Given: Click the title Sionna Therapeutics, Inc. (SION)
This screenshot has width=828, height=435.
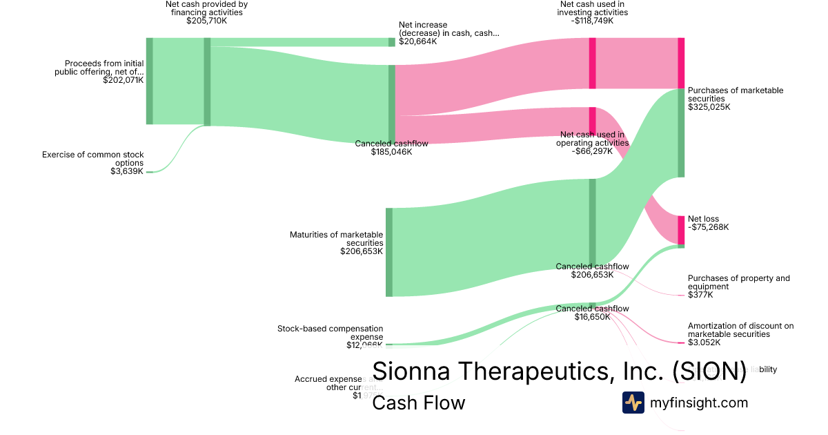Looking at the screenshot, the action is pos(559,371).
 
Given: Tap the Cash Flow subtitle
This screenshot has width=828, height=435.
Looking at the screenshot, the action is pos(418,403).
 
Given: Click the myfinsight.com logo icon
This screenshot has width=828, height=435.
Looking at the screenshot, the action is pos(633,403).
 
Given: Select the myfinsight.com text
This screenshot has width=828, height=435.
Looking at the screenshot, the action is pos(698,403).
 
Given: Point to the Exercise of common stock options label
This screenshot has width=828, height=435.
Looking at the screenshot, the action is pos(92,159).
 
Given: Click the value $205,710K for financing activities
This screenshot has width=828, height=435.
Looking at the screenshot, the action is pos(206,21).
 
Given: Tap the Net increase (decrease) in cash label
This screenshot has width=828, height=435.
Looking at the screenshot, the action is pos(448,29).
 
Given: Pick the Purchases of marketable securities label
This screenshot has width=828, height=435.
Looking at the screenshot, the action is pos(736,95).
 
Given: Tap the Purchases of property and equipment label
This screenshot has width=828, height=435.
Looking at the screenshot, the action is pos(739,282).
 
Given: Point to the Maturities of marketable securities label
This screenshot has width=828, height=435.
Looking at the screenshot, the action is pos(336,239).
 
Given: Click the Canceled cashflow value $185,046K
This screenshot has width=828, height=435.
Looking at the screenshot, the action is pos(391,152).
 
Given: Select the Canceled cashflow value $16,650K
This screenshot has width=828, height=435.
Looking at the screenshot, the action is pos(592,317).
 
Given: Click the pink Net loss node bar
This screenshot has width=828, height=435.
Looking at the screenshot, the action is pos(681,230).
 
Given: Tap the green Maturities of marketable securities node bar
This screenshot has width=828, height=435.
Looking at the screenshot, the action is pos(389,252).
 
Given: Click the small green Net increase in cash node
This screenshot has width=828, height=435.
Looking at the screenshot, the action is pos(391,42).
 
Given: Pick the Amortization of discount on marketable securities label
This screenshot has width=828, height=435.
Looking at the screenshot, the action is pos(740,330).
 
